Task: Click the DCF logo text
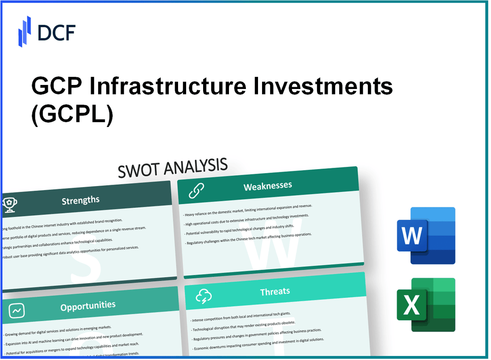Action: (x=56, y=32)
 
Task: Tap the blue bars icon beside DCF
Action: (x=25, y=31)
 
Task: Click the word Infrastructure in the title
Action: (x=173, y=86)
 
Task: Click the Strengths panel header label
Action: (x=80, y=201)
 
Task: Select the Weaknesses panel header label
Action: (x=267, y=186)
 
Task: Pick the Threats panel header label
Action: (x=275, y=292)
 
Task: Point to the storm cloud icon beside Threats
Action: (x=204, y=296)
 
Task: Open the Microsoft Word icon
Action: (x=426, y=235)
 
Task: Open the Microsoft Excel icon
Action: (x=426, y=305)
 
